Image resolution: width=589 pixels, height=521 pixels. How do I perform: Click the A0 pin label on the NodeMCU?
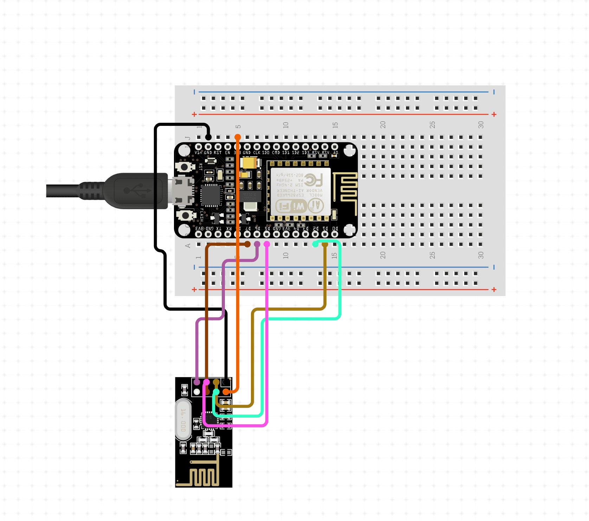pos(335,153)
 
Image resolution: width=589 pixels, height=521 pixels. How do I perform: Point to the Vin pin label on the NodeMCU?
pos(199,153)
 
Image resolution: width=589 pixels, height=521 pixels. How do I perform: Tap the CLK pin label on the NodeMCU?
pos(257,153)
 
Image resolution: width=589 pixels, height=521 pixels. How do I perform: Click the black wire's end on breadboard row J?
pos(208,137)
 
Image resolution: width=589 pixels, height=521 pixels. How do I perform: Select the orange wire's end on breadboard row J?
pos(238,137)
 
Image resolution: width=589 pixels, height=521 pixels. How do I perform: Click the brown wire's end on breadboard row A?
pos(247,244)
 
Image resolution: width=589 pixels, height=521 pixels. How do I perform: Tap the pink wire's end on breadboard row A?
pos(267,244)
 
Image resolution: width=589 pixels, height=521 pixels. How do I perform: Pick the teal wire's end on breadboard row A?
pos(315,244)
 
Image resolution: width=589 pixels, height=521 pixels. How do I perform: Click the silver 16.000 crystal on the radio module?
pos(183,420)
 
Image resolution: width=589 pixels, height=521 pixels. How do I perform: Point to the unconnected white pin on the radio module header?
pos(197,392)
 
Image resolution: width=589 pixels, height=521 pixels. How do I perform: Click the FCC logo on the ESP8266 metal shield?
pos(313,180)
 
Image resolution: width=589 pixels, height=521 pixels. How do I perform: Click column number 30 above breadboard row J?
pos(481,125)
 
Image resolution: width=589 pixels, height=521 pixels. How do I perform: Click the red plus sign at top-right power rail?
pos(494,114)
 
